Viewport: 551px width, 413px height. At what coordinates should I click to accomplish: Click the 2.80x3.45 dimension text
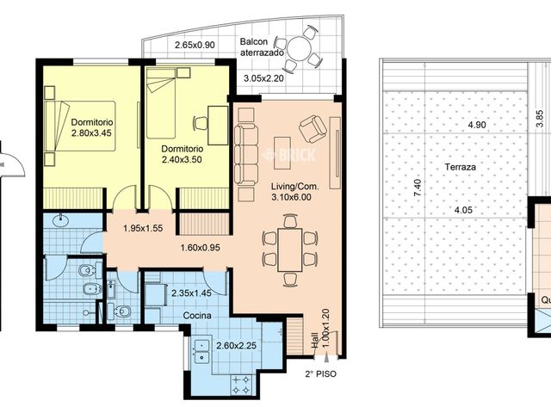click(x=91, y=133)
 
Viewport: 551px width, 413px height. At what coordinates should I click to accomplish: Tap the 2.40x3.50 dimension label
click(x=182, y=160)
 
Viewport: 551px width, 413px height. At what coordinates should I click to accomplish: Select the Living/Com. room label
click(x=294, y=187)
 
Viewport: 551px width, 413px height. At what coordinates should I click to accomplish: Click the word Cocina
click(x=197, y=316)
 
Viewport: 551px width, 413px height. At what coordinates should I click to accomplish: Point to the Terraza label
click(x=461, y=167)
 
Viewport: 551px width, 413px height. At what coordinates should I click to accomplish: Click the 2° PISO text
click(x=320, y=374)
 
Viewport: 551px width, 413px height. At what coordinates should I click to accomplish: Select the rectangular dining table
click(x=290, y=250)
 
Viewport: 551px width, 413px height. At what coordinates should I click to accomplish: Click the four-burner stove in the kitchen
click(x=241, y=385)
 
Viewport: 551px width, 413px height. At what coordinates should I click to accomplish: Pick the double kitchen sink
click(x=201, y=351)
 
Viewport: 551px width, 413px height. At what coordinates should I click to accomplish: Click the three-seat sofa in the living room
click(x=246, y=155)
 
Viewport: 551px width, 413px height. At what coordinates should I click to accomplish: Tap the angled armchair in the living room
click(x=313, y=129)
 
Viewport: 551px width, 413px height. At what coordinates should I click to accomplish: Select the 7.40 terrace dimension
click(x=418, y=188)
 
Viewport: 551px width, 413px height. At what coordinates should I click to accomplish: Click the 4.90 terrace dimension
click(x=477, y=125)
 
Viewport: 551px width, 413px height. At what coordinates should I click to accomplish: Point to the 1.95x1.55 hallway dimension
click(x=143, y=228)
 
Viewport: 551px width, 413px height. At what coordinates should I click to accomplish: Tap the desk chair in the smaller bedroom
click(x=200, y=123)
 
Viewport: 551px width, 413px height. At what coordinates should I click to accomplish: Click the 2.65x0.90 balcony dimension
click(x=195, y=45)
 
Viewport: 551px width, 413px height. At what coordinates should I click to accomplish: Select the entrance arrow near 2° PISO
click(x=327, y=358)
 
